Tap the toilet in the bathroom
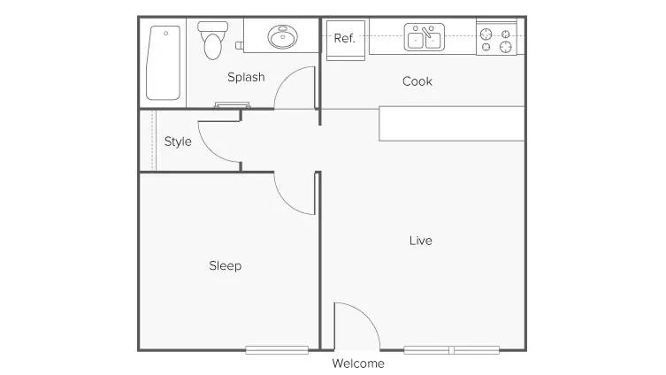click(x=212, y=41)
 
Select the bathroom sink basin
click(x=283, y=38)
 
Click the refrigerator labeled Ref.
click(x=344, y=40)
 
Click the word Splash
click(x=246, y=77)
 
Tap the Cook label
click(x=417, y=81)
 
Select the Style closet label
click(x=178, y=142)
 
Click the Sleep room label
click(x=225, y=265)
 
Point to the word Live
click(x=421, y=241)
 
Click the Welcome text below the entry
click(x=358, y=364)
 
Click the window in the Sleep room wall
click(x=277, y=350)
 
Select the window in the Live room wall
click(x=451, y=350)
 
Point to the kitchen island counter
click(x=451, y=123)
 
